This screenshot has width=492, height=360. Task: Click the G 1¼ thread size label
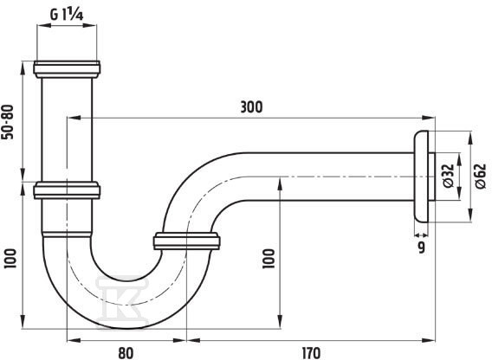67,14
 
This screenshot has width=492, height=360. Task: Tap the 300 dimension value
251,107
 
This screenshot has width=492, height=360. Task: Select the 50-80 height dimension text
8,122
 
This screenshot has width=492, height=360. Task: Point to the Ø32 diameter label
449,176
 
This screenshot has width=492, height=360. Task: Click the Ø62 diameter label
480,176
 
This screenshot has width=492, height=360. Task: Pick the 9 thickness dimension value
421,247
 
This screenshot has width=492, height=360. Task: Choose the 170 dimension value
311,353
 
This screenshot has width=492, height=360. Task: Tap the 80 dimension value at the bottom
126,353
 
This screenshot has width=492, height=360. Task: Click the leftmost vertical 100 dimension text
10,259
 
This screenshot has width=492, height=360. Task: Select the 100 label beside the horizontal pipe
269,259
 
